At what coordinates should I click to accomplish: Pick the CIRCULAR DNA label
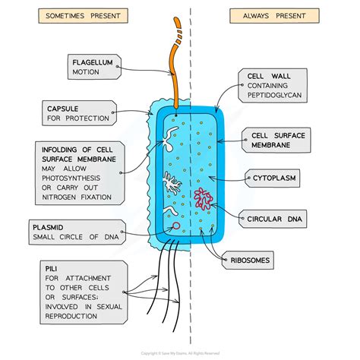click(276, 219)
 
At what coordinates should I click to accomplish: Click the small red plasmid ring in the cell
click(175, 226)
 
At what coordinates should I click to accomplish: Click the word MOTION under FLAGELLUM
click(87, 72)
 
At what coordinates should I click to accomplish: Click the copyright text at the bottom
click(180, 354)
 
